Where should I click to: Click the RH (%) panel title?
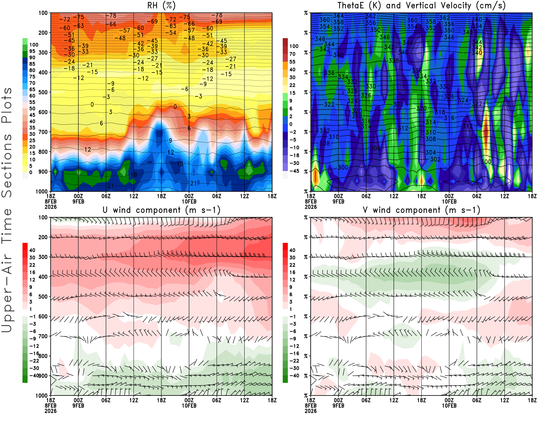pyautogui.click(x=161, y=5)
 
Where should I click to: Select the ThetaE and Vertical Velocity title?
pyautogui.click(x=421, y=5)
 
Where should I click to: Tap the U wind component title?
pyautogui.click(x=161, y=210)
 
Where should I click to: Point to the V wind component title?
pyautogui.click(x=421, y=210)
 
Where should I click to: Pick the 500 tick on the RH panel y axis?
pyautogui.click(x=43, y=92)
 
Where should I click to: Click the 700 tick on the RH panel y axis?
pyautogui.click(x=43, y=132)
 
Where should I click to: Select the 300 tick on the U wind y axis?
pyautogui.click(x=43, y=257)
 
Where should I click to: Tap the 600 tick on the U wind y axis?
pyautogui.click(x=43, y=316)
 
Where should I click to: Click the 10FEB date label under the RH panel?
pyautogui.click(x=189, y=201)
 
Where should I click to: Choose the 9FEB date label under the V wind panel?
pyautogui.click(x=338, y=406)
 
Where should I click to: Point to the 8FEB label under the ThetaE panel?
pyautogui.click(x=311, y=201)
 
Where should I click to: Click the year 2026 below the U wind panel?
pyautogui.click(x=50, y=411)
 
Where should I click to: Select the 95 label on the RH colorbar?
pyautogui.click(x=32, y=51)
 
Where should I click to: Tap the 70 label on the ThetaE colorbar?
pyautogui.click(x=292, y=54)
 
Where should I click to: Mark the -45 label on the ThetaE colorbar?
pyautogui.click(x=294, y=171)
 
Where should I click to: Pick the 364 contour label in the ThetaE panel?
pyautogui.click(x=338, y=16)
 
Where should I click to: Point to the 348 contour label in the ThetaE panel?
pyautogui.click(x=468, y=32)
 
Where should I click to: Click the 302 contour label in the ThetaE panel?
pyautogui.click(x=435, y=159)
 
